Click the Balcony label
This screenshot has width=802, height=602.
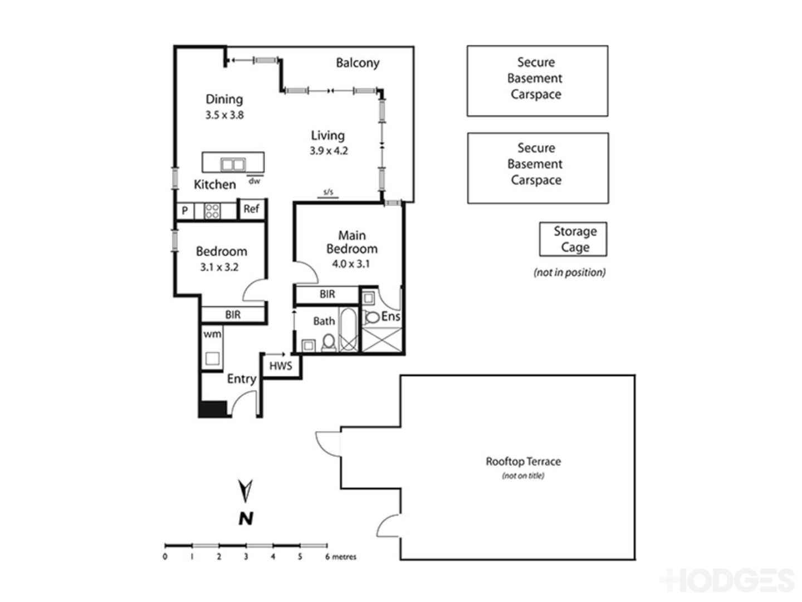(357, 63)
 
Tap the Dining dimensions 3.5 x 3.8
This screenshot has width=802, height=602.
(224, 115)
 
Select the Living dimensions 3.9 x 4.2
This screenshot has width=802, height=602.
(329, 151)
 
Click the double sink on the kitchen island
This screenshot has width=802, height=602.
(233, 164)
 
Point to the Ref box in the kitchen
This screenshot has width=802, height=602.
(251, 209)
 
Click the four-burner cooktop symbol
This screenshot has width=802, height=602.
(212, 211)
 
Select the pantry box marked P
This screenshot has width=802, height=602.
(185, 211)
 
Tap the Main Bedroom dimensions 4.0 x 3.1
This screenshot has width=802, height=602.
(351, 264)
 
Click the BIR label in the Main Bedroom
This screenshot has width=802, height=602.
(327, 294)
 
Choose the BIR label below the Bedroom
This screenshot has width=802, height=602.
(233, 315)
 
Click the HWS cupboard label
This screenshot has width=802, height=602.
(281, 366)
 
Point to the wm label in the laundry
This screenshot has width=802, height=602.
(212, 334)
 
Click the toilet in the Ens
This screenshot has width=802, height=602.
(371, 318)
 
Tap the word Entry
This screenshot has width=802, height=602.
(241, 379)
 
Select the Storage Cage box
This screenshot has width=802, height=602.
(573, 239)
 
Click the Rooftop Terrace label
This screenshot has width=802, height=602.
(523, 462)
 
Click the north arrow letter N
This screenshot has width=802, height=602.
(246, 519)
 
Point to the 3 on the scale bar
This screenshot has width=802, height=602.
(246, 557)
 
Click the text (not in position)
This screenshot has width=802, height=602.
(569, 273)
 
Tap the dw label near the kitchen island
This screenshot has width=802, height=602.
(254, 181)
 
